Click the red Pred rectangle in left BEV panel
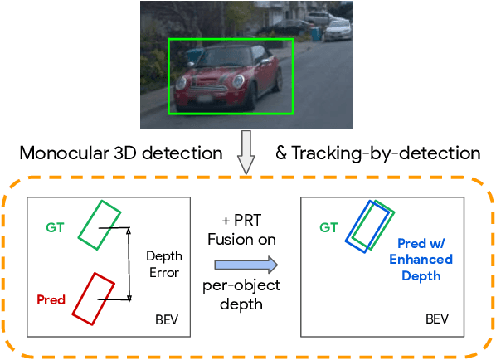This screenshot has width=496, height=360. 93,298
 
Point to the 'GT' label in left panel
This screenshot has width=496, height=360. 56,226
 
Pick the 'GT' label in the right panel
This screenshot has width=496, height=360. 328,226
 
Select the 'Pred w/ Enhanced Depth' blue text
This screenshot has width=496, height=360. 425,259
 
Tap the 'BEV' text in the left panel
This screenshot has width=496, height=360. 166,319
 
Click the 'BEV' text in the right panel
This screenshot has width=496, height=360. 437,319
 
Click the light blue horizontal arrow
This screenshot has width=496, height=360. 246,264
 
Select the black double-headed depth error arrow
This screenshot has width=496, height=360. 129,264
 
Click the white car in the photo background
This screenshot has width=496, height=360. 338,31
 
